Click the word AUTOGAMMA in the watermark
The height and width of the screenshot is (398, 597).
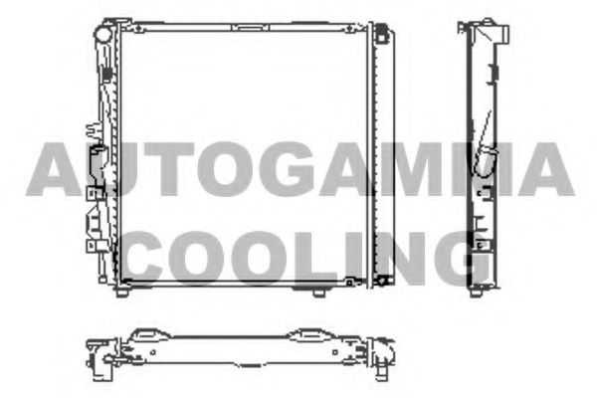click(x=300, y=169)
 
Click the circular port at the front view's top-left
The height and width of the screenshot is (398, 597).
click(x=102, y=35)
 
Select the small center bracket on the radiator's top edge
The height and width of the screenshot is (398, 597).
click(x=250, y=27)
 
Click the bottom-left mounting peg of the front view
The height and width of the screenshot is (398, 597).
click(x=121, y=293)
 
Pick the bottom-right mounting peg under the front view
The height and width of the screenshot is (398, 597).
click(x=319, y=293)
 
